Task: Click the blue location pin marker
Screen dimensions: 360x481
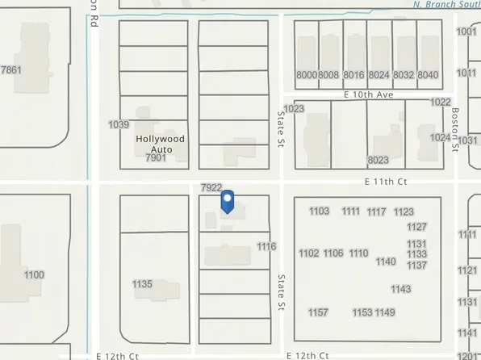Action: click(x=228, y=201)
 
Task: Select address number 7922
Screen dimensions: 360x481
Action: click(x=211, y=187)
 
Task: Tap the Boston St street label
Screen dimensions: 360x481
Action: click(x=456, y=124)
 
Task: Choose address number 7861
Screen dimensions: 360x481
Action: click(x=11, y=70)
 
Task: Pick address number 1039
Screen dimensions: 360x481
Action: click(x=119, y=124)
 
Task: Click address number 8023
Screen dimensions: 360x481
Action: click(x=379, y=160)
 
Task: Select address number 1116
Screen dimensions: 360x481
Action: click(x=266, y=246)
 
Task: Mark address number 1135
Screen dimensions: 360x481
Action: click(x=142, y=283)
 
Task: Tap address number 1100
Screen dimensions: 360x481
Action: click(x=34, y=275)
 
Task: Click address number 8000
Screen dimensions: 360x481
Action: click(x=307, y=75)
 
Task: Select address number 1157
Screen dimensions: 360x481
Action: click(x=318, y=312)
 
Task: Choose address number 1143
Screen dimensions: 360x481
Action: click(x=401, y=289)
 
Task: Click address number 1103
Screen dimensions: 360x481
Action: click(x=320, y=211)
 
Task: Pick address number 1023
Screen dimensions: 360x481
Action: click(x=294, y=108)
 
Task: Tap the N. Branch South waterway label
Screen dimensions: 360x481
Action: click(x=445, y=4)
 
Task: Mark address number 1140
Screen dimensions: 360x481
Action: click(x=386, y=262)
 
